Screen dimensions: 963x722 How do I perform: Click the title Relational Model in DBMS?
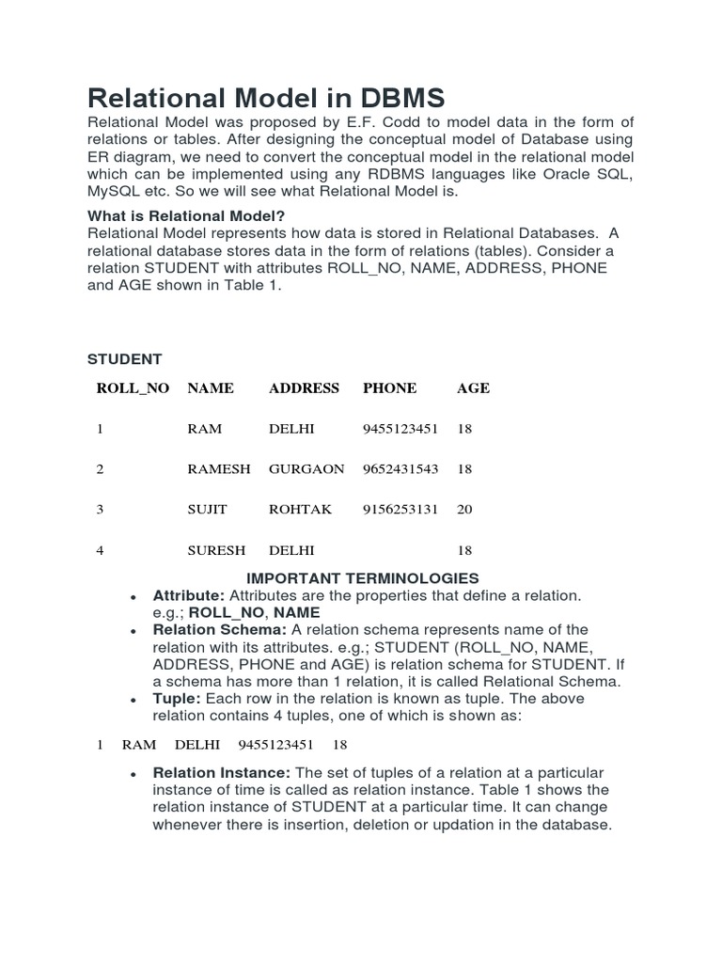point(266,98)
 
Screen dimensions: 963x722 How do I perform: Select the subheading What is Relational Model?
point(185,215)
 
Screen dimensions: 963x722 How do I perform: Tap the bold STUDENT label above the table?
point(124,359)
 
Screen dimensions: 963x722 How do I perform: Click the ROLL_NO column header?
point(133,387)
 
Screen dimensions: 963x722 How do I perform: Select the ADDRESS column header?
point(304,387)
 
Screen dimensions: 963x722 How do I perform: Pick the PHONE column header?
point(389,387)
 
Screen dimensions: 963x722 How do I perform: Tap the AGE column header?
point(473,387)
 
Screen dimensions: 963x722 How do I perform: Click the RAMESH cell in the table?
point(219,468)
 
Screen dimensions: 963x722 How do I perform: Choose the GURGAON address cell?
point(306,468)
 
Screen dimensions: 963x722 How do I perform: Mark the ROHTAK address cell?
point(300,509)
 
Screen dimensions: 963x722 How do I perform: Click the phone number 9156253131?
point(400,509)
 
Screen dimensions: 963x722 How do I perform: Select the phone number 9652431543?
point(400,468)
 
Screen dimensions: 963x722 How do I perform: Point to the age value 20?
point(464,509)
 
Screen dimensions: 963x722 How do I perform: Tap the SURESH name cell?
point(216,550)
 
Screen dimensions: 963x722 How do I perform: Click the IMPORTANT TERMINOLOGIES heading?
point(362,578)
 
